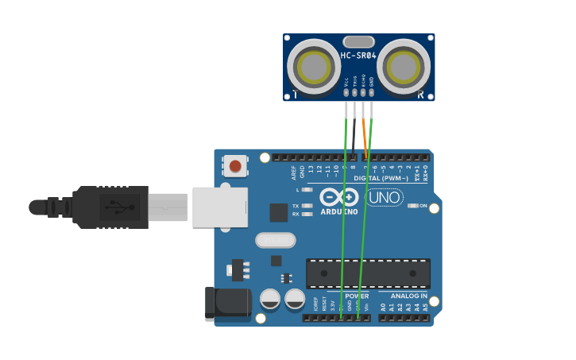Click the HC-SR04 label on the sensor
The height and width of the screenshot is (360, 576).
coord(358,56)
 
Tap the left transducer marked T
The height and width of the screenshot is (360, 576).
coord(314,65)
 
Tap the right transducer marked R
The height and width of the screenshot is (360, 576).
coord(404,65)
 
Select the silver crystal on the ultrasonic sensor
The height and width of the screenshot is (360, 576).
coord(358,41)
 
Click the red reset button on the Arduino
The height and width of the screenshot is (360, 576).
coord(234,166)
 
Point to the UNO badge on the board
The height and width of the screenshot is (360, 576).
coord(385,197)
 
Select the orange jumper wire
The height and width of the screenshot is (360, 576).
coord(365,135)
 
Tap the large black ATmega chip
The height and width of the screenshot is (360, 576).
coord(368,273)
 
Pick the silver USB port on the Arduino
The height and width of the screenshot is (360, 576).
coord(219,207)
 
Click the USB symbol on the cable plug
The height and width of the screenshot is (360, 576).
coord(120,207)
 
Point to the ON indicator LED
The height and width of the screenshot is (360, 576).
coord(412,206)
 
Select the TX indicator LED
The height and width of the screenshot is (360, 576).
coord(307,205)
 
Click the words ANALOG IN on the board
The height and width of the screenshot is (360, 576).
coord(408,296)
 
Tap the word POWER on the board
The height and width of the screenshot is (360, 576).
coord(357,296)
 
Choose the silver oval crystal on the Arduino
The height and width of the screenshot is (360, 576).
coord(276,240)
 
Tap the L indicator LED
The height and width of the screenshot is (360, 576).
coord(307,190)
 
